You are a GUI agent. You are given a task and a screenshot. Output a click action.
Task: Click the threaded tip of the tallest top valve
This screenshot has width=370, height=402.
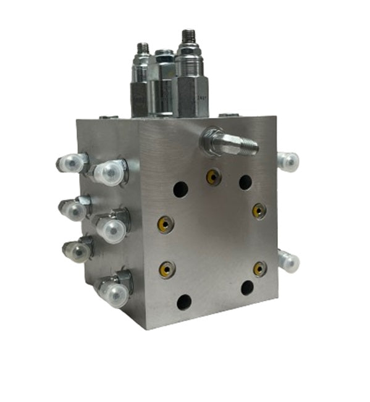(x=188, y=36)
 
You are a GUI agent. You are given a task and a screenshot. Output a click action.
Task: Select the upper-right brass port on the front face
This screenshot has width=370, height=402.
(x=258, y=211)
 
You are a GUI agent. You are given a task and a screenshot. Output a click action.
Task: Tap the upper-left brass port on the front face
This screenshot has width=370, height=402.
(x=165, y=223)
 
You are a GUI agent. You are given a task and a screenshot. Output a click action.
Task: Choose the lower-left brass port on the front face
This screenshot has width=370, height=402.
(x=166, y=269)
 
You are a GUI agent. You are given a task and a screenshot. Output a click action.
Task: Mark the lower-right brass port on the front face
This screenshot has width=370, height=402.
(x=259, y=269)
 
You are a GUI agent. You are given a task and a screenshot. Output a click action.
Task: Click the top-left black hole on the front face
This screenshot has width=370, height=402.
(x=180, y=190)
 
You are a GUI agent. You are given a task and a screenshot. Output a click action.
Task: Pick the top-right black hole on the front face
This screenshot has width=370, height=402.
(x=245, y=182)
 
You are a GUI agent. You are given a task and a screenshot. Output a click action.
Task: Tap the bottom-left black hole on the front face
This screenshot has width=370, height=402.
(x=184, y=302)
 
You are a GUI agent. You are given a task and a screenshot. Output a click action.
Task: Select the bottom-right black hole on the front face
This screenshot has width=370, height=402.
(x=247, y=288)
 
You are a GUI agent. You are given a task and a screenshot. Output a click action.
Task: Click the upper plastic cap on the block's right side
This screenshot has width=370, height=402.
(x=288, y=162)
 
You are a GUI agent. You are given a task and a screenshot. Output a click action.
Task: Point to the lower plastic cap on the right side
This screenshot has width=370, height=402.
(x=288, y=262)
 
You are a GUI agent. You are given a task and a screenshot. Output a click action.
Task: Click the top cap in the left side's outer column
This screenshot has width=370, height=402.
(x=69, y=164)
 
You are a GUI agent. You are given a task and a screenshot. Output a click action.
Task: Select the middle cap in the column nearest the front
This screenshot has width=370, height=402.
(x=112, y=229)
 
